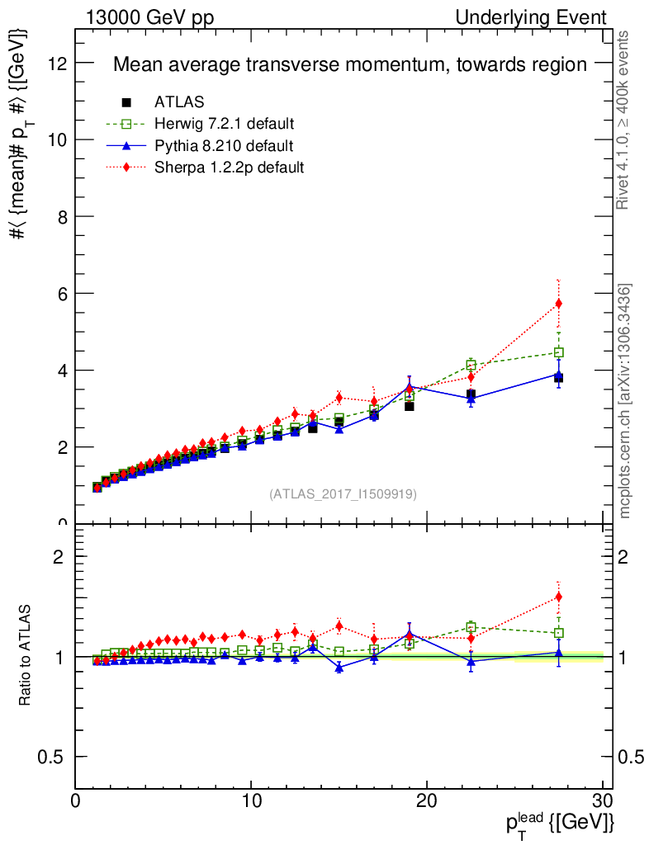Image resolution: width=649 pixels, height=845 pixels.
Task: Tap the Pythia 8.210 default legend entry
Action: pos(224,145)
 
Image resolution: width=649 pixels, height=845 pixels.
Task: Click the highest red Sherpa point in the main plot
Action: pos(559,304)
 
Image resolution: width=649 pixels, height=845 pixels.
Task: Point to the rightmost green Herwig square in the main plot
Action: pos(559,352)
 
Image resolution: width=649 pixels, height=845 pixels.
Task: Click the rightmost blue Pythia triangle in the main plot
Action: pos(559,375)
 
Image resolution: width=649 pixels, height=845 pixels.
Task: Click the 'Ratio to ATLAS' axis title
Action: pos(26,655)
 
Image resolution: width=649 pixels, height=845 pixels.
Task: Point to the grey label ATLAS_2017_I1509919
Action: pos(343,494)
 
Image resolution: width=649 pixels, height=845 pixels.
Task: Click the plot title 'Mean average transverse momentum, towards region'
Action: pos(349,64)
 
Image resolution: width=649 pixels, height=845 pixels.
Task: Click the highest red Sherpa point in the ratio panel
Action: pos(559,597)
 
